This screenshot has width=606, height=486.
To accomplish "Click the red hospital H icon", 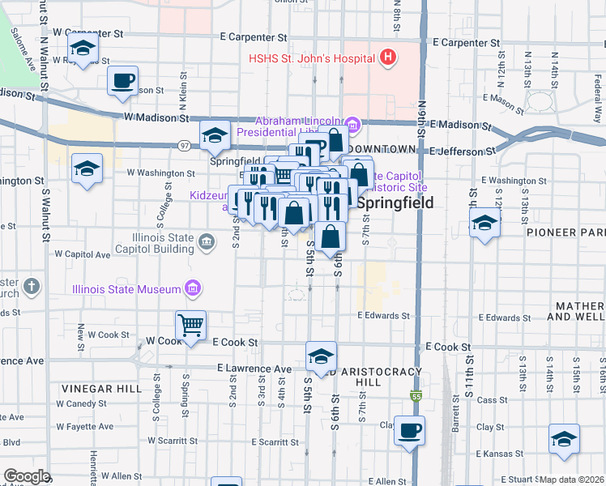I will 388,58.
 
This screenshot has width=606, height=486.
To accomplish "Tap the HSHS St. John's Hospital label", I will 311,58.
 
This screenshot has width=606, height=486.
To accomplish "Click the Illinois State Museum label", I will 127,288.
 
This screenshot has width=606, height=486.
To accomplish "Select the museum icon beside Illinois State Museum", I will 194,288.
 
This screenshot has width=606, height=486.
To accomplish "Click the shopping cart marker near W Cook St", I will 191,325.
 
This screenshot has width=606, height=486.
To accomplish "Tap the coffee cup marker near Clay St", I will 409,430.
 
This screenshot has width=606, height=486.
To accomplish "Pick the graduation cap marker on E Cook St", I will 321,356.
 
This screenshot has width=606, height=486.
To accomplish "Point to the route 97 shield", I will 186,145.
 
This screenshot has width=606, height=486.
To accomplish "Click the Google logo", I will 27,476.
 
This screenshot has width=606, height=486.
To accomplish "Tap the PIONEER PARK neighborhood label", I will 568,232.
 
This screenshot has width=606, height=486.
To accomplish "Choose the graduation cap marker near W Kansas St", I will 564,438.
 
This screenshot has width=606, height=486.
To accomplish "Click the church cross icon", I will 31,286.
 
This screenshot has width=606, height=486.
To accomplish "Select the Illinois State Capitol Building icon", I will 206,241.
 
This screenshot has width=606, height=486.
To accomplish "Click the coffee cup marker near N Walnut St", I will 123,81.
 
